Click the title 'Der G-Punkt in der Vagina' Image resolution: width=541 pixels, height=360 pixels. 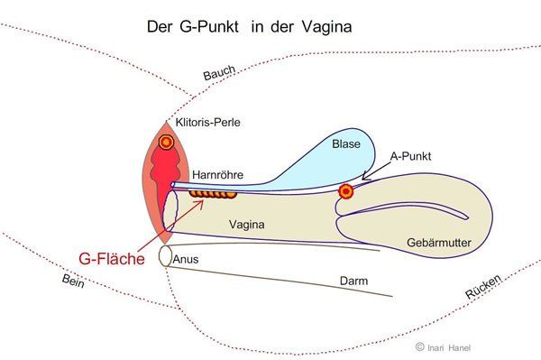[249, 27]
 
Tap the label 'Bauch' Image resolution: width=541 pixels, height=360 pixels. [219, 73]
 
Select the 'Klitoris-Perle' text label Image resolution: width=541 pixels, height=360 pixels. [207, 123]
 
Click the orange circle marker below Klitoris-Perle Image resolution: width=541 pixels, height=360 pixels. [166, 142]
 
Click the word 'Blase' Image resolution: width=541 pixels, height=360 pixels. [346, 144]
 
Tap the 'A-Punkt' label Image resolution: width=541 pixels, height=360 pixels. [410, 156]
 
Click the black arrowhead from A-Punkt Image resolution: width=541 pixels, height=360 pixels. [364, 178]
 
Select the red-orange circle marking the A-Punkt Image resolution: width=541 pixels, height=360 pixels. [346, 191]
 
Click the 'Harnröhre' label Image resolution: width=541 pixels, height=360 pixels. [217, 175]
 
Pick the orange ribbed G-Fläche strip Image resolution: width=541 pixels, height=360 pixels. [213, 194]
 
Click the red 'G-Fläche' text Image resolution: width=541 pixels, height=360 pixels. [112, 259]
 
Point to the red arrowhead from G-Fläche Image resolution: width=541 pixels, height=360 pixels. [200, 203]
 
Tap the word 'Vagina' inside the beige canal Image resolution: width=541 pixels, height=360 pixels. [247, 225]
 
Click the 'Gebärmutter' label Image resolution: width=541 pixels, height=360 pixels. [439, 243]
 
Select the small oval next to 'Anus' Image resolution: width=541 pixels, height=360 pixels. [166, 255]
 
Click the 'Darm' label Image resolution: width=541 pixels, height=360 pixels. [353, 281]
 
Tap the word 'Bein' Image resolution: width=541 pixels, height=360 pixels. [73, 281]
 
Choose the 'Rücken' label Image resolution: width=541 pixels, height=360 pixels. [483, 287]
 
